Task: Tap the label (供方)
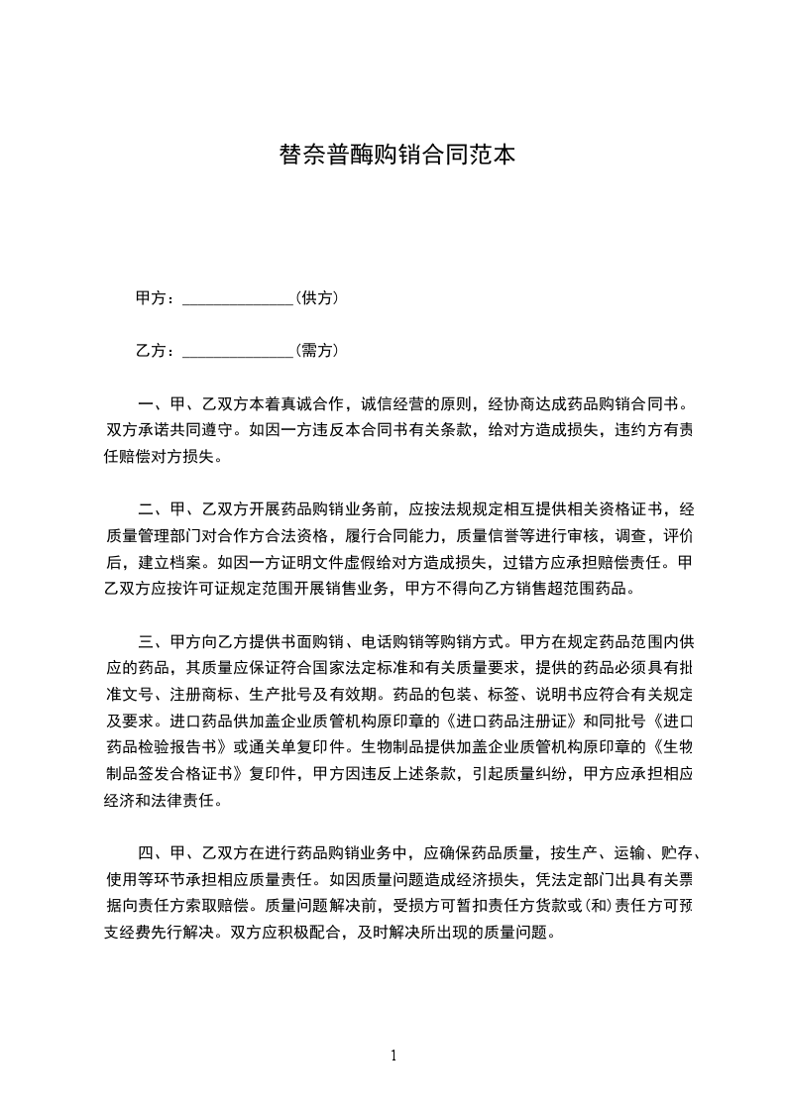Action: tap(317, 297)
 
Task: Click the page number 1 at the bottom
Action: tap(393, 1056)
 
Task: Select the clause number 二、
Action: tap(153, 510)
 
